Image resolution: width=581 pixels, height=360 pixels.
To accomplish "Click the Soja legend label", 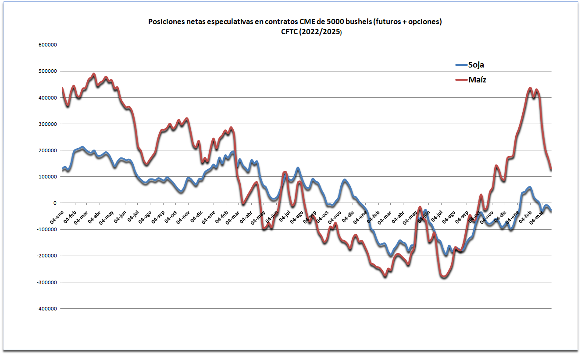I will (x=476, y=65).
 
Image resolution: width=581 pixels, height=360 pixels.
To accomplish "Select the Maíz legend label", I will (x=477, y=79).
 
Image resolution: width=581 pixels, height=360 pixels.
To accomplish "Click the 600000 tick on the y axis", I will (x=48, y=45).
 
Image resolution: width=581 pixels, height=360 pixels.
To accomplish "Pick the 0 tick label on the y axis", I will (x=55, y=203).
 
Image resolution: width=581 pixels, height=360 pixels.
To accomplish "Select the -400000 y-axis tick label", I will (x=47, y=308).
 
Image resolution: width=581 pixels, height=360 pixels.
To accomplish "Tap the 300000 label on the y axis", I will (x=48, y=124).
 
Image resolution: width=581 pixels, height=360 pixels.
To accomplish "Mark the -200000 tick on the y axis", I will (x=47, y=256).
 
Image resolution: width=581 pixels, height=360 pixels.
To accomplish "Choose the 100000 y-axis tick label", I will (x=48, y=177).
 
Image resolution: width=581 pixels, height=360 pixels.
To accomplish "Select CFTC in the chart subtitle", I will (x=290, y=31).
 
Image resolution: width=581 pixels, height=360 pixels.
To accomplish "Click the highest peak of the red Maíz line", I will (x=93, y=74).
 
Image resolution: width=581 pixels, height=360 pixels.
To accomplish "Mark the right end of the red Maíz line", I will (x=551, y=170).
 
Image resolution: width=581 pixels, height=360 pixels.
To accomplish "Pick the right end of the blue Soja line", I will (x=551, y=212).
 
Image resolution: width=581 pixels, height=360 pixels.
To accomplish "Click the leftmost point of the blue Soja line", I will (x=62, y=170).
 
